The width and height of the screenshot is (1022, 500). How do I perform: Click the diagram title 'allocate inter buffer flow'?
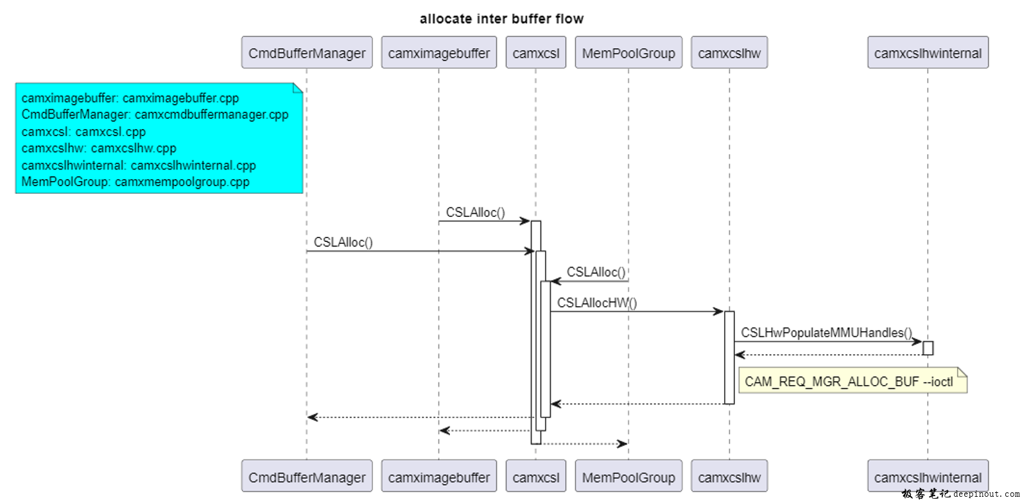click(501, 19)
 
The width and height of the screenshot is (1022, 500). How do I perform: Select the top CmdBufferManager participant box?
click(307, 53)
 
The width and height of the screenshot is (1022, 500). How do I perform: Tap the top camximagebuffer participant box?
click(438, 53)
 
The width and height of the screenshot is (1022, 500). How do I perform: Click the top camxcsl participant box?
click(535, 53)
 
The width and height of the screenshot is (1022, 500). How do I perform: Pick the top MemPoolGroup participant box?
click(628, 53)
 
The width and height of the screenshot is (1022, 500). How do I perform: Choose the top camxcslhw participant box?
click(729, 53)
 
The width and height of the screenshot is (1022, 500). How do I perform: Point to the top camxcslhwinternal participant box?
click(928, 53)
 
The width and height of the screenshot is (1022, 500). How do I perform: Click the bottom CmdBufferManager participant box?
click(307, 477)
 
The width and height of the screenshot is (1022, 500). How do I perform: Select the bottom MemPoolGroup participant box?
click(628, 477)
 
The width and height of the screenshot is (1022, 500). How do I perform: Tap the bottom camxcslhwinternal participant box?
click(928, 477)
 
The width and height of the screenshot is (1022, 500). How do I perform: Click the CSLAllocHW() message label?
click(597, 303)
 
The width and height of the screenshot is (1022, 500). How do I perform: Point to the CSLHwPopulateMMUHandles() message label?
click(826, 332)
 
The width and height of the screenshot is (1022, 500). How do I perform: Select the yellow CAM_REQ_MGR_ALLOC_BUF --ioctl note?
click(852, 381)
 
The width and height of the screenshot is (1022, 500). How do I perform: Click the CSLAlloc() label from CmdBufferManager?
click(343, 242)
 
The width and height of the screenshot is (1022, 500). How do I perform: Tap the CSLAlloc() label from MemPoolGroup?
click(596, 272)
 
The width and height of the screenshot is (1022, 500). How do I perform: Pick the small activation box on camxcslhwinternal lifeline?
click(928, 348)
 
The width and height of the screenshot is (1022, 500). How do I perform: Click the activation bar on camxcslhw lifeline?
click(729, 358)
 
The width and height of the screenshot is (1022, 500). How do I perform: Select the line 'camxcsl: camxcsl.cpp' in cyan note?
click(83, 132)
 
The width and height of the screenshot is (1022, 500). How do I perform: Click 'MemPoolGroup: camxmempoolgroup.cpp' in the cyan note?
click(135, 182)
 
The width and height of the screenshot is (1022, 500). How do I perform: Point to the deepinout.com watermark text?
click(986, 494)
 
